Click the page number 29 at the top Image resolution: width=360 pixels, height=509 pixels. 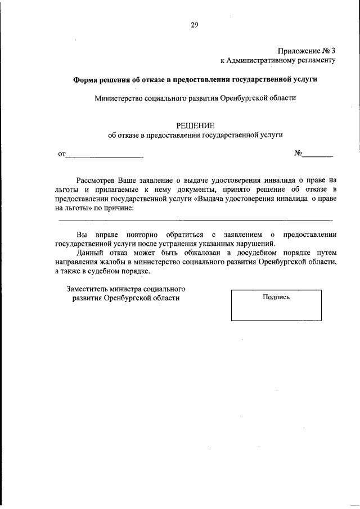tap(194, 24)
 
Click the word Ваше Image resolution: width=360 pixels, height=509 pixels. tap(128, 181)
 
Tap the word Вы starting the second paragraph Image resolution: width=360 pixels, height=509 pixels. tap(82, 234)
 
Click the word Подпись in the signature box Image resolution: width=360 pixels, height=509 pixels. tap(276, 297)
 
